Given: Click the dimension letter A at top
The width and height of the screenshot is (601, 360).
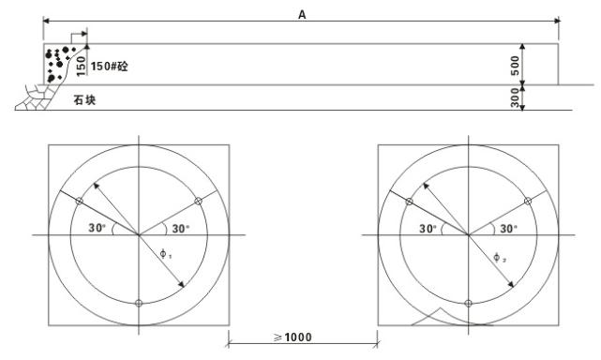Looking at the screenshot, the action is [x=302, y=15].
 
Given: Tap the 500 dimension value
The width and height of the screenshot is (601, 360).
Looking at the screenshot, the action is [x=516, y=66].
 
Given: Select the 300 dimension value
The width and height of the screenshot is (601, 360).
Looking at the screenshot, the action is [x=516, y=97].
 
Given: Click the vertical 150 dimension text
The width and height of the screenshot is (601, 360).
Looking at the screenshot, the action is [x=81, y=66].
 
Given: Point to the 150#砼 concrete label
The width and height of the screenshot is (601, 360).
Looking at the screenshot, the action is [x=110, y=67].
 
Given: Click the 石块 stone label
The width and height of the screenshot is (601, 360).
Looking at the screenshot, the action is [x=84, y=100].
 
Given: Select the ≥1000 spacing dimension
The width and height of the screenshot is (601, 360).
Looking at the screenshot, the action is [x=293, y=337].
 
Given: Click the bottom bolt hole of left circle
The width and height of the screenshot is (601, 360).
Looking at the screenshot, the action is [x=139, y=303].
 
